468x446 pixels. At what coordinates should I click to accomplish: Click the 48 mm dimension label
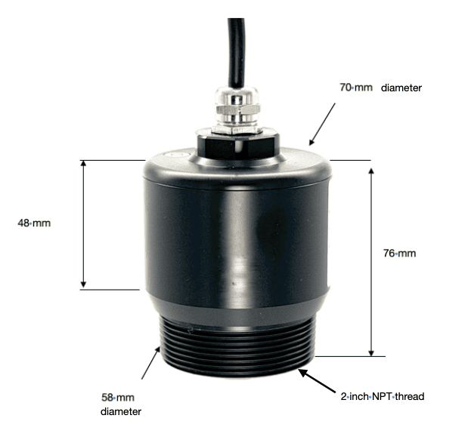click(x=34, y=223)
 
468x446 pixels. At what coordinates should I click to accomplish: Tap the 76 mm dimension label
click(x=399, y=254)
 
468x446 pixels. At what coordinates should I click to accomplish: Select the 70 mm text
click(x=356, y=88)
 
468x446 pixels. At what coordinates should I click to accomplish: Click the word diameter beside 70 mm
click(x=401, y=88)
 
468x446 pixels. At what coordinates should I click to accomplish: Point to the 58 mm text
click(x=118, y=397)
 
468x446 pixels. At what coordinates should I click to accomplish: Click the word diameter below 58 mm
click(x=121, y=411)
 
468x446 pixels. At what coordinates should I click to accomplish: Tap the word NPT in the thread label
click(x=382, y=396)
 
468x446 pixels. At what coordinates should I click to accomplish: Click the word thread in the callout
click(x=410, y=396)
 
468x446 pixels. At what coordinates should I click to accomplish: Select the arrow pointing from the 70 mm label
click(x=322, y=125)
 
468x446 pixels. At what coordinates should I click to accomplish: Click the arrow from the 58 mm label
click(x=150, y=363)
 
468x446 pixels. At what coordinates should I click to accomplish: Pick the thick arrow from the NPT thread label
click(x=317, y=381)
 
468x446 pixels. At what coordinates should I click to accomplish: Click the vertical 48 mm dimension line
click(x=84, y=224)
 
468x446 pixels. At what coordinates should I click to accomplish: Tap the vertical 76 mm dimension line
click(x=371, y=262)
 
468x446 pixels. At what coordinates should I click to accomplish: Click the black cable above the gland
click(x=237, y=52)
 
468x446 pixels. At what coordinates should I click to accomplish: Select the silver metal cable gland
click(x=236, y=109)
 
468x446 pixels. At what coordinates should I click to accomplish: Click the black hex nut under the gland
click(x=238, y=145)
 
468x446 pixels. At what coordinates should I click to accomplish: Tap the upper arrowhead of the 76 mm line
click(x=371, y=171)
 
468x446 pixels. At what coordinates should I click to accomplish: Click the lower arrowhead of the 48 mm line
click(x=84, y=285)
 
